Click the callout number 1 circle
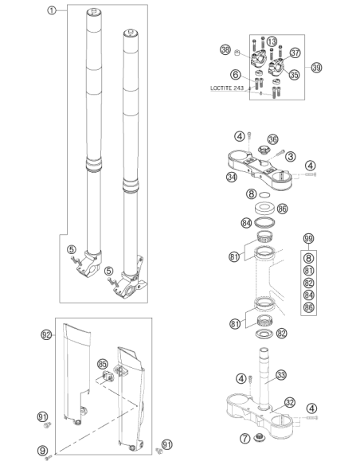click(52, 10)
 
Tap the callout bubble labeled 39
click(317, 68)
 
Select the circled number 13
click(272, 41)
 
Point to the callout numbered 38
click(225, 49)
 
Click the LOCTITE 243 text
click(227, 88)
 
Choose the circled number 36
click(273, 139)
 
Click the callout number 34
click(232, 177)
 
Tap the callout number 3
click(291, 156)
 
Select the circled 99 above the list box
click(309, 239)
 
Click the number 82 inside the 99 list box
click(309, 283)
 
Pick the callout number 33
click(281, 375)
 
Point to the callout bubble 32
click(290, 402)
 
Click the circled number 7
click(245, 438)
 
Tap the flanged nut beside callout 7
click(260, 437)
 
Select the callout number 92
click(46, 335)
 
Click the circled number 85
click(102, 364)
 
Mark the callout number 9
click(42, 451)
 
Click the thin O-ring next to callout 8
click(264, 195)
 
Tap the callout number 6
click(236, 74)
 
